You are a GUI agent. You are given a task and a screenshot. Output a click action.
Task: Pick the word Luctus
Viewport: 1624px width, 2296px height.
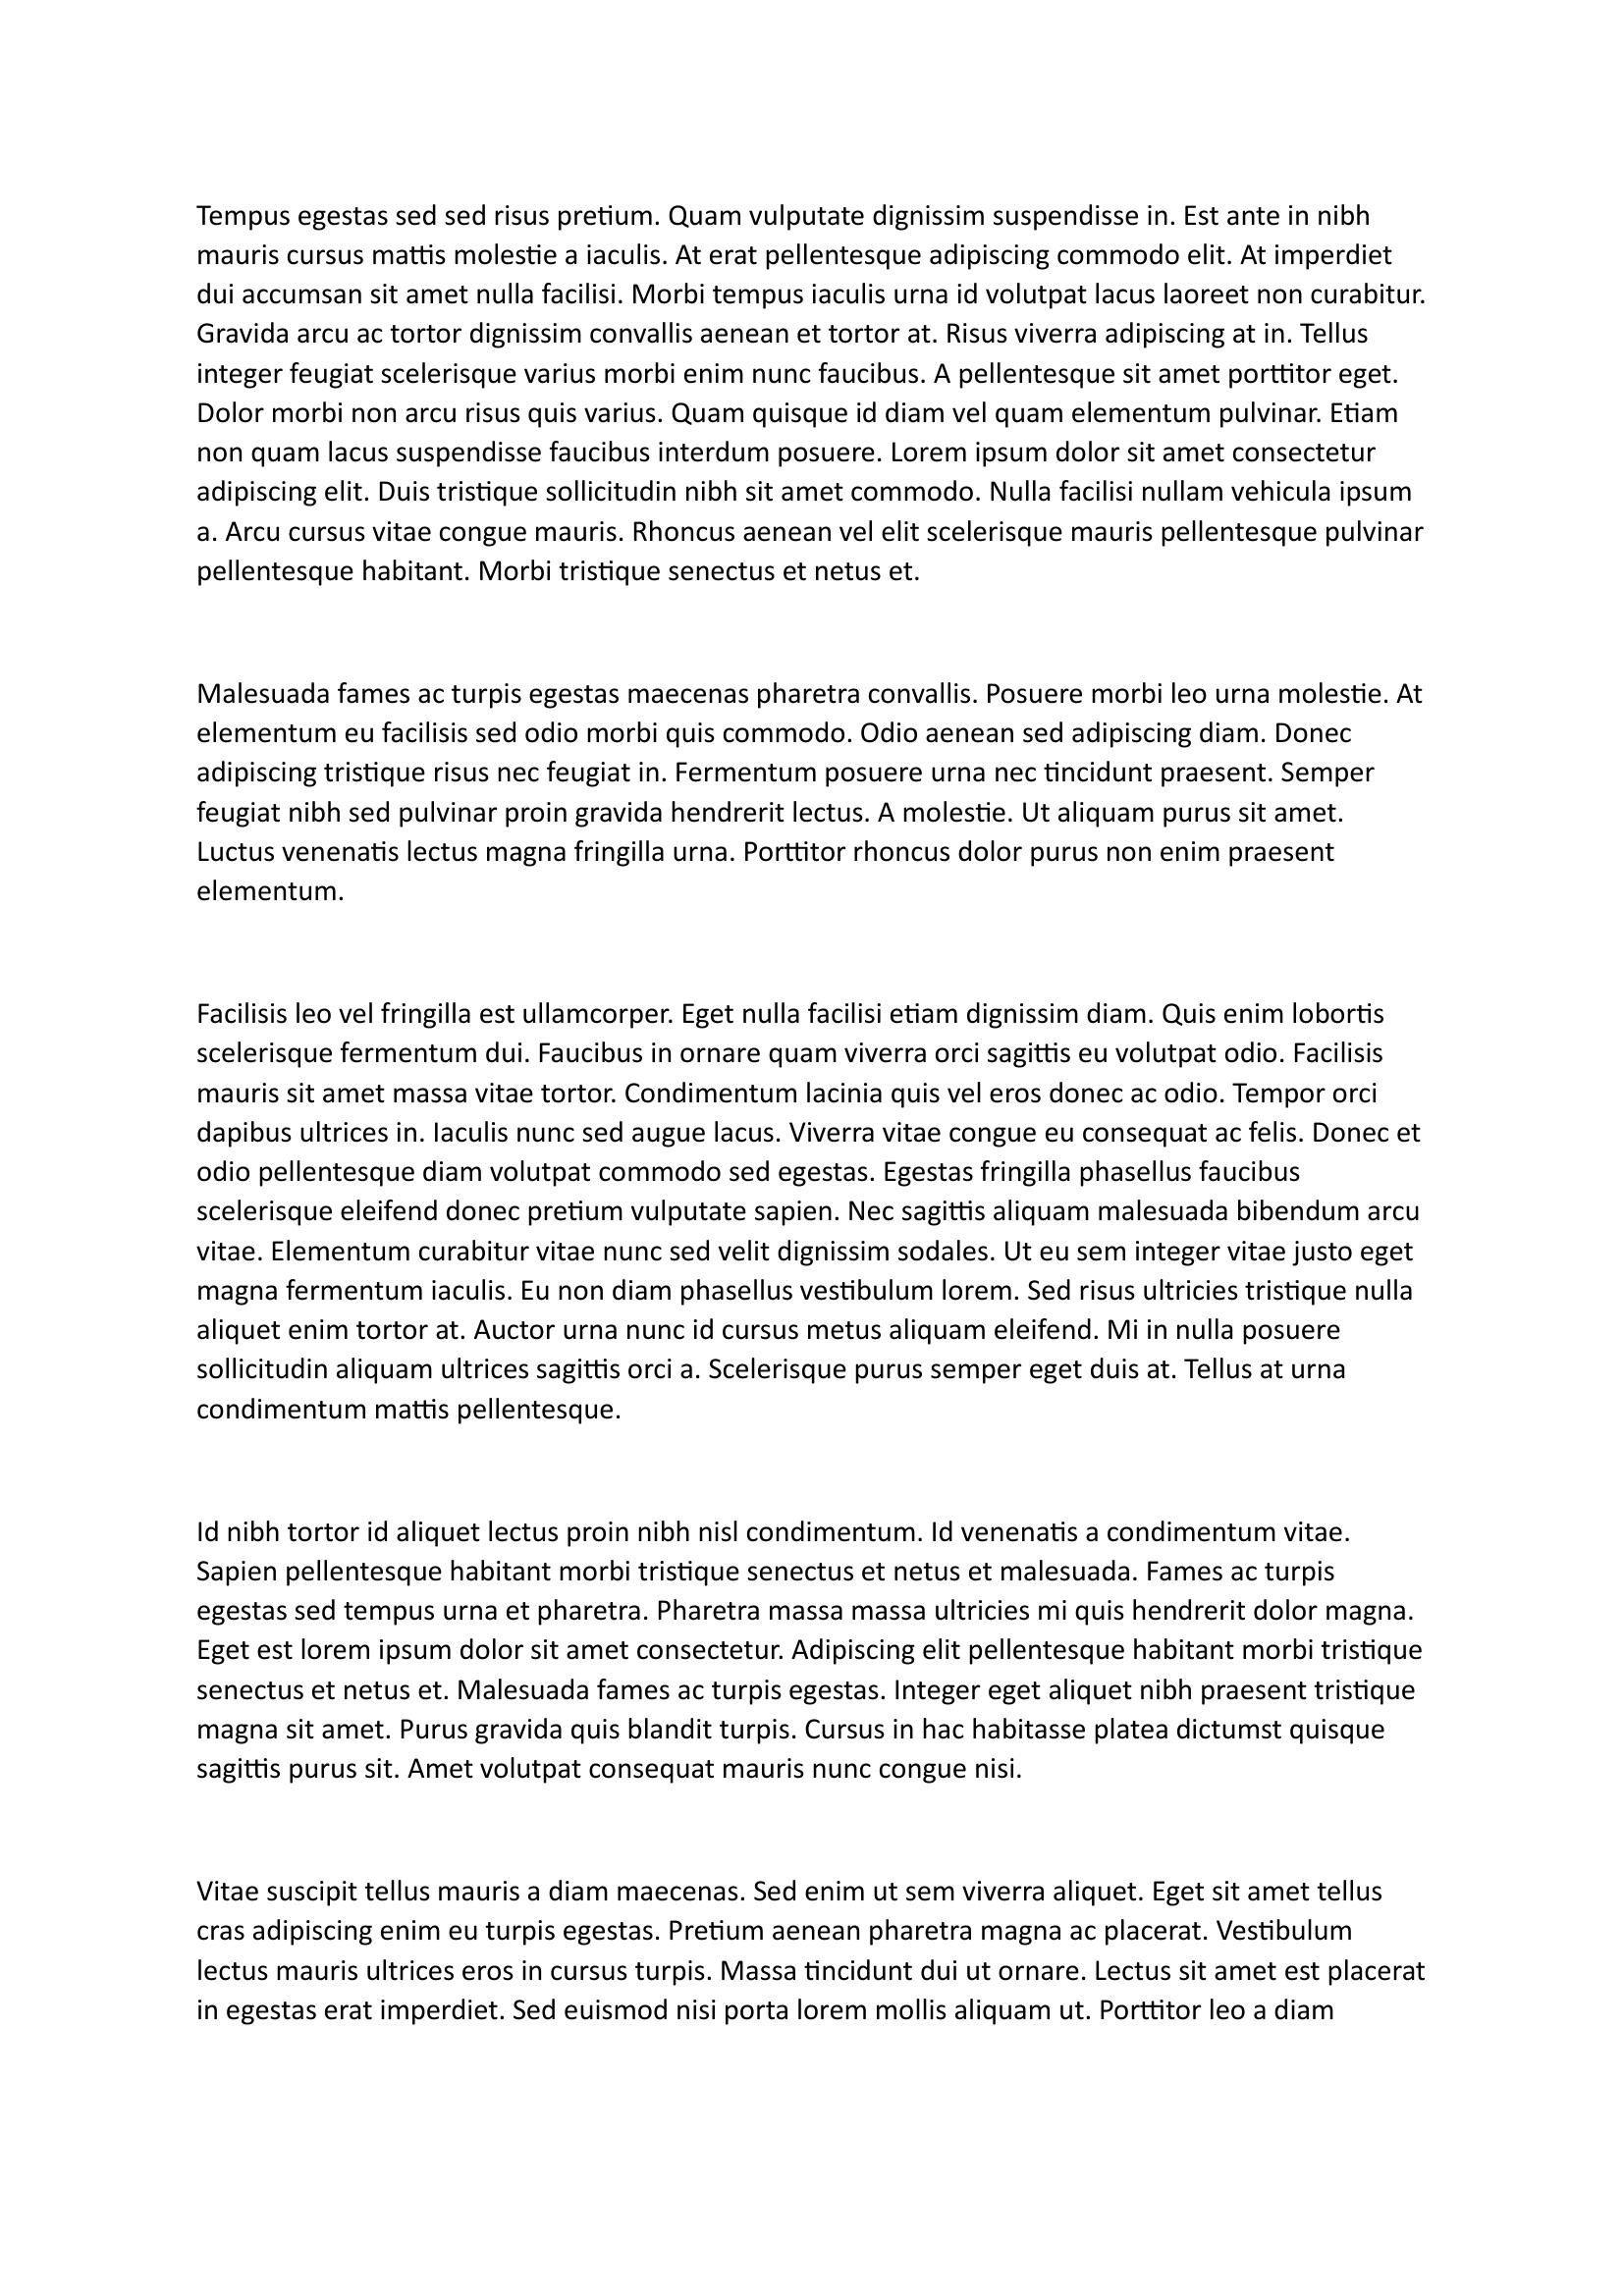[231, 853]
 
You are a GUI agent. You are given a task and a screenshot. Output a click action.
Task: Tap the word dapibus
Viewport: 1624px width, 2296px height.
[241, 1134]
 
